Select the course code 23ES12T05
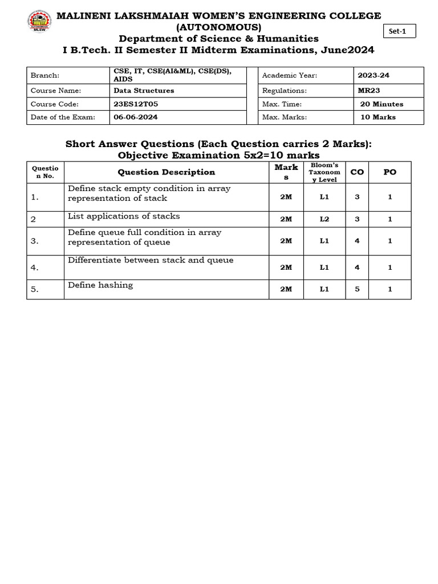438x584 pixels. pyautogui.click(x=136, y=104)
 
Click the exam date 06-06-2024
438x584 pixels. pyautogui.click(x=136, y=117)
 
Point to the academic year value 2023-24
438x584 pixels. pyautogui.click(x=374, y=75)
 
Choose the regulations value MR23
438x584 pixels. pyautogui.click(x=368, y=90)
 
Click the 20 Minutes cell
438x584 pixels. pyautogui.click(x=382, y=104)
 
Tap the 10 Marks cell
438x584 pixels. pyautogui.click(x=378, y=117)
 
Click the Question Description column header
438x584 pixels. pyautogui.click(x=166, y=172)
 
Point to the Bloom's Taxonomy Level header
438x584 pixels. pyautogui.click(x=325, y=172)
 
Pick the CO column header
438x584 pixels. pyautogui.click(x=357, y=172)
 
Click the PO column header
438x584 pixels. pyautogui.click(x=390, y=172)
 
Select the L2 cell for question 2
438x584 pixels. pyautogui.click(x=325, y=219)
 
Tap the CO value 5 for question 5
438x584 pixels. pyautogui.click(x=357, y=289)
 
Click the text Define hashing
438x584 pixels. pyautogui.click(x=100, y=285)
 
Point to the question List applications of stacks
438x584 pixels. pyautogui.click(x=124, y=216)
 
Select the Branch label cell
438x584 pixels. pyautogui.click(x=45, y=75)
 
